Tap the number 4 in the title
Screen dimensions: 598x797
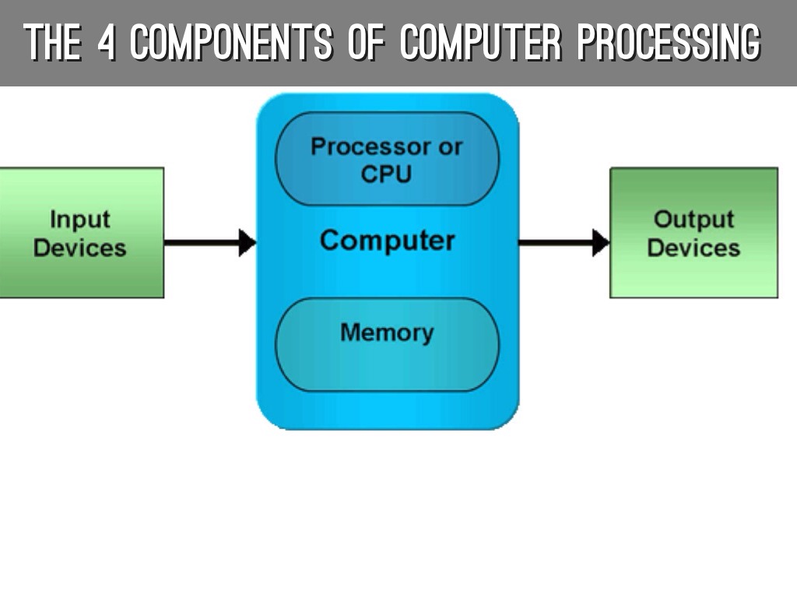tap(106, 42)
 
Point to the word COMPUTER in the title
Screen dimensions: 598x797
tap(481, 42)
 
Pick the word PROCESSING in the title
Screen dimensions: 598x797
tap(668, 42)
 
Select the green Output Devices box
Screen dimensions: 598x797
tap(693, 233)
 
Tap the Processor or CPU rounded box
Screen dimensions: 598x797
tap(387, 159)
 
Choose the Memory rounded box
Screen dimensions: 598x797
tap(387, 344)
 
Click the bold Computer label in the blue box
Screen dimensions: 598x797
tap(387, 240)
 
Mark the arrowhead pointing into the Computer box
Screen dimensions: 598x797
tap(248, 242)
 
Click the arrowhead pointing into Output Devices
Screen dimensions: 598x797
tap(600, 242)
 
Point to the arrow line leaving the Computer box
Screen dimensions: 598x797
tap(554, 242)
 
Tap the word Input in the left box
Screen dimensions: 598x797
tap(79, 220)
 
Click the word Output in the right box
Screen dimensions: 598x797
tap(693, 220)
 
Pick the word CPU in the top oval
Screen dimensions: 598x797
tap(386, 174)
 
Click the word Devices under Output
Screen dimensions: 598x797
tap(693, 248)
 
